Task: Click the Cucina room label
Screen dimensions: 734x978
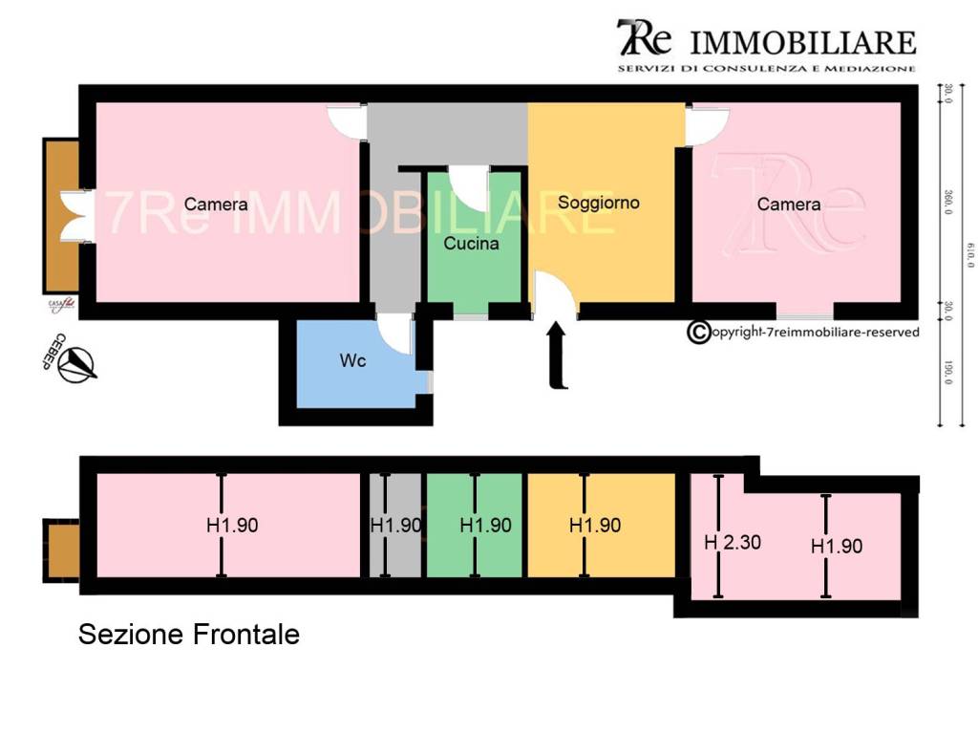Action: click(471, 244)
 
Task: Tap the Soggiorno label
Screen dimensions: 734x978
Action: click(599, 203)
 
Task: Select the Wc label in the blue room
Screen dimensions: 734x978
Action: click(352, 361)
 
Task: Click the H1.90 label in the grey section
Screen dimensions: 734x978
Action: click(395, 525)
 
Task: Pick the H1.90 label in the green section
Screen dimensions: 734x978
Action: click(485, 525)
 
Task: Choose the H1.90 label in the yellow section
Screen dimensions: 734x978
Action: click(595, 525)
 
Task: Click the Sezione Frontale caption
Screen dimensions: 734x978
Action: click(188, 634)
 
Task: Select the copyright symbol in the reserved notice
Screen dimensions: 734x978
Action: click(699, 332)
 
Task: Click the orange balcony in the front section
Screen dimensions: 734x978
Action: click(62, 550)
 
